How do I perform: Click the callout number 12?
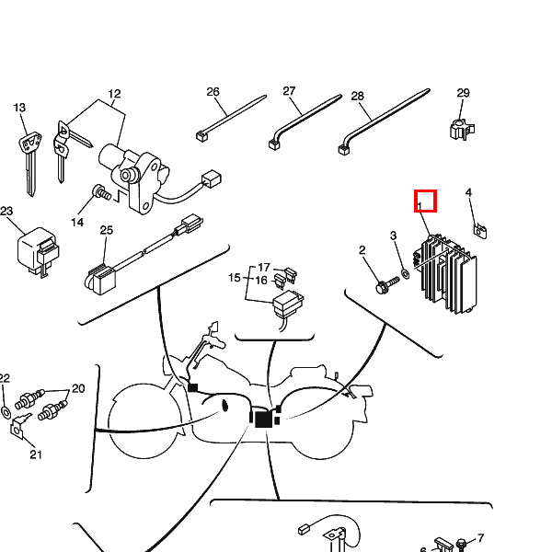(114, 94)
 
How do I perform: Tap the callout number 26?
(213, 92)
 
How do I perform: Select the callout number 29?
(463, 93)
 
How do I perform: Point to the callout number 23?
(6, 212)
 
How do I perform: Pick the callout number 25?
(106, 230)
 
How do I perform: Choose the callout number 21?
(36, 454)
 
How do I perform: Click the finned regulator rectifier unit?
(448, 271)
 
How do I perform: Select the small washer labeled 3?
(404, 274)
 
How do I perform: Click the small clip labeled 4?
(478, 228)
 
